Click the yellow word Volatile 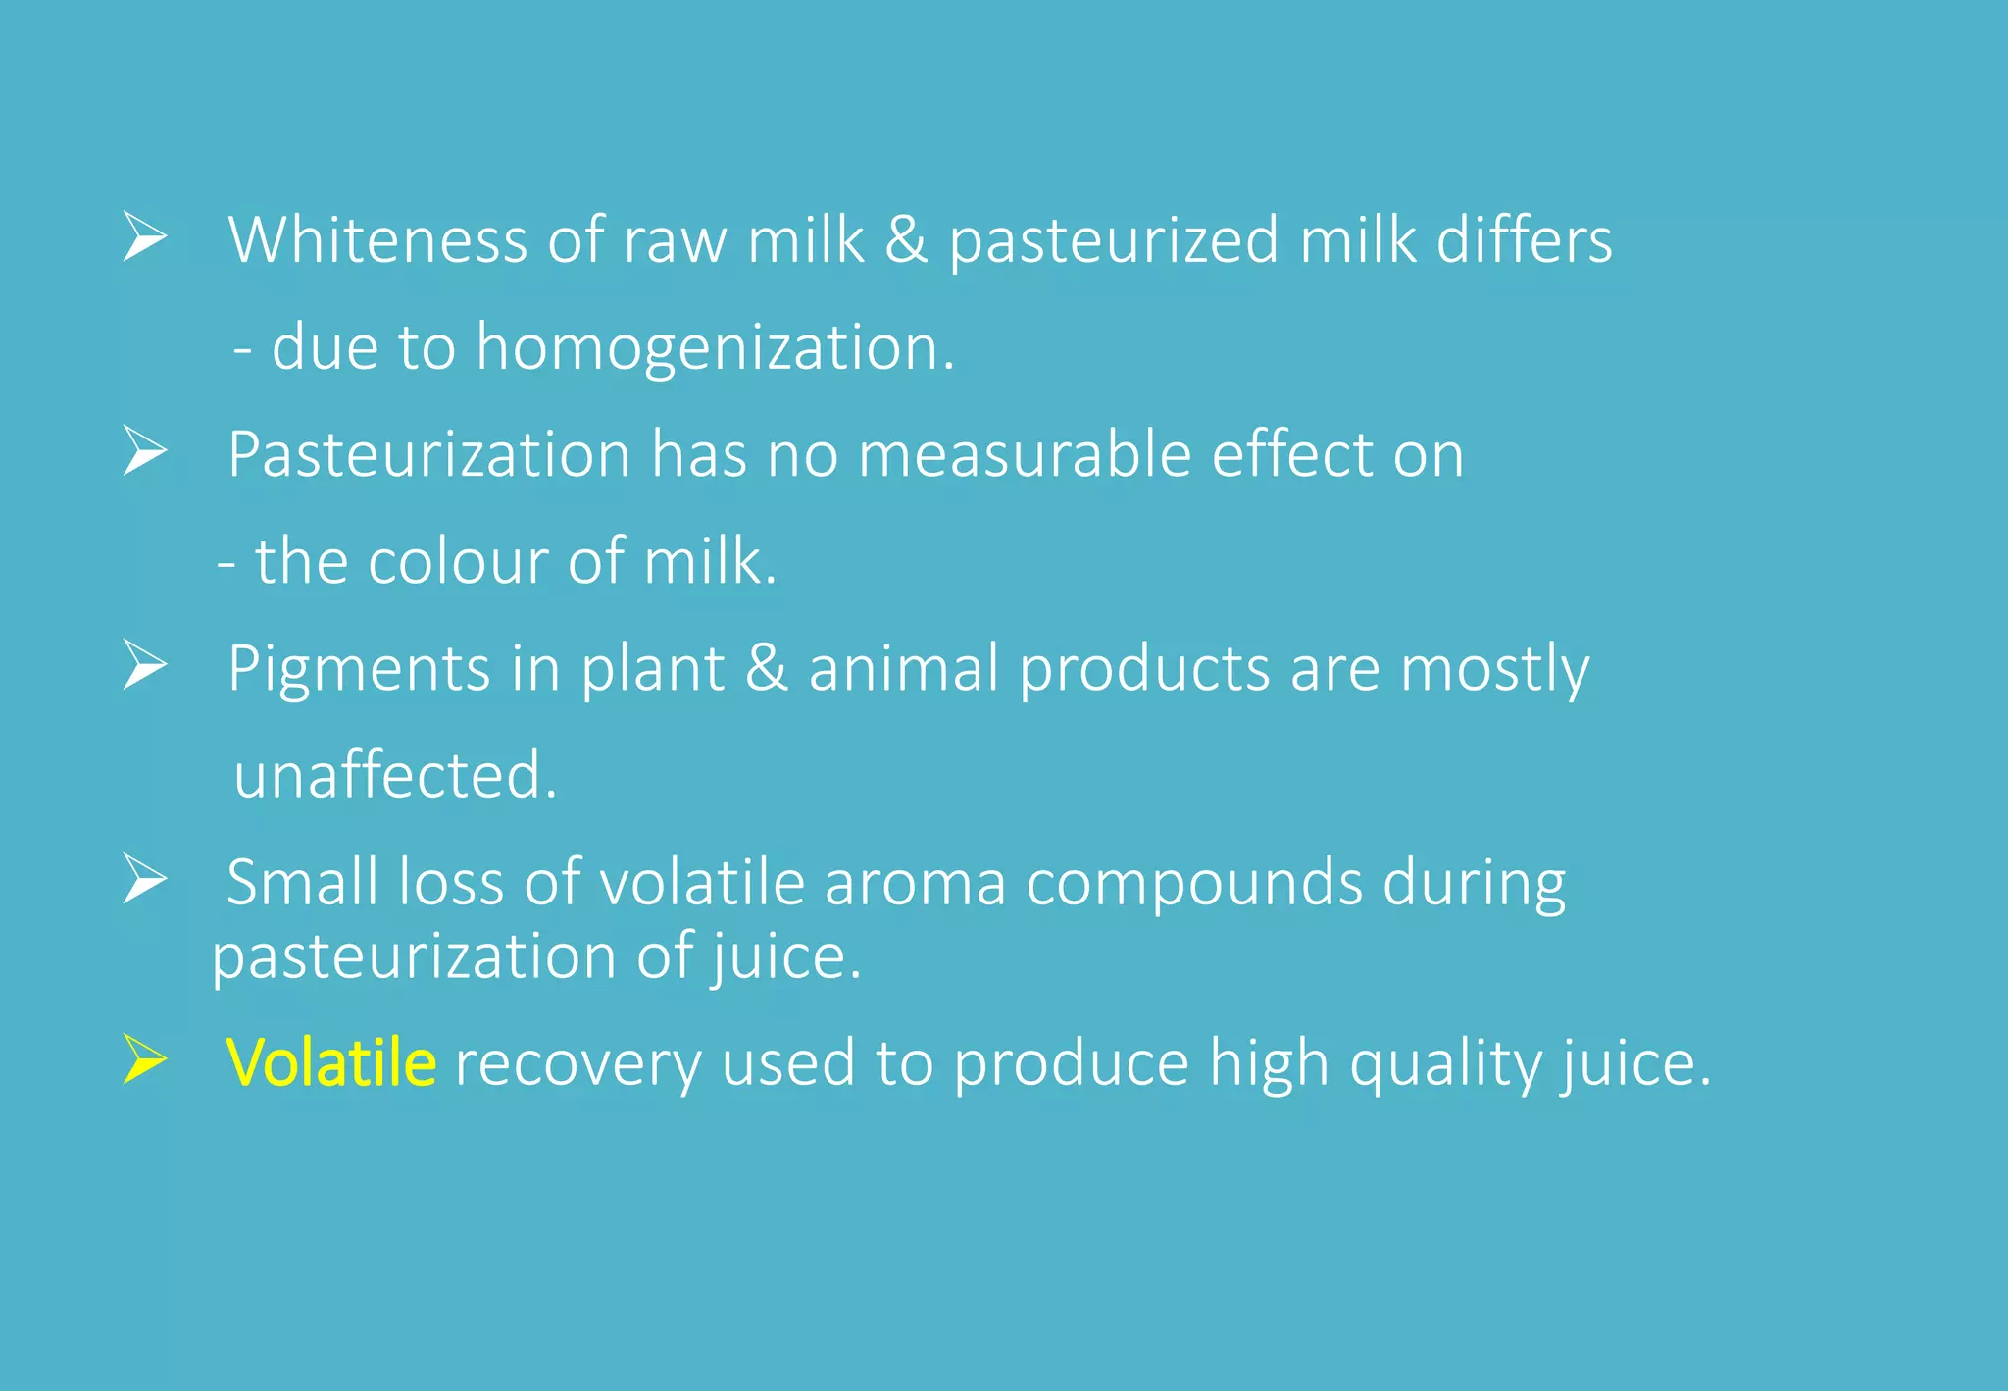[x=330, y=1062]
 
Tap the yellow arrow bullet [x=145, y=1060]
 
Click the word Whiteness [x=377, y=240]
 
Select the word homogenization [x=715, y=347]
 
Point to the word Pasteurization [x=429, y=454]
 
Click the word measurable [x=1025, y=454]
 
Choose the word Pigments [x=359, y=670]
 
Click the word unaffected [x=395, y=775]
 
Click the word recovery [x=577, y=1064]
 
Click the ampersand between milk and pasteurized [x=906, y=240]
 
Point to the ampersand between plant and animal [x=767, y=668]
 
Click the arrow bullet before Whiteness [x=145, y=238]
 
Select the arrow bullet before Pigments [x=145, y=666]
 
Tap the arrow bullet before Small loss [x=145, y=879]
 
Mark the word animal [x=903, y=668]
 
